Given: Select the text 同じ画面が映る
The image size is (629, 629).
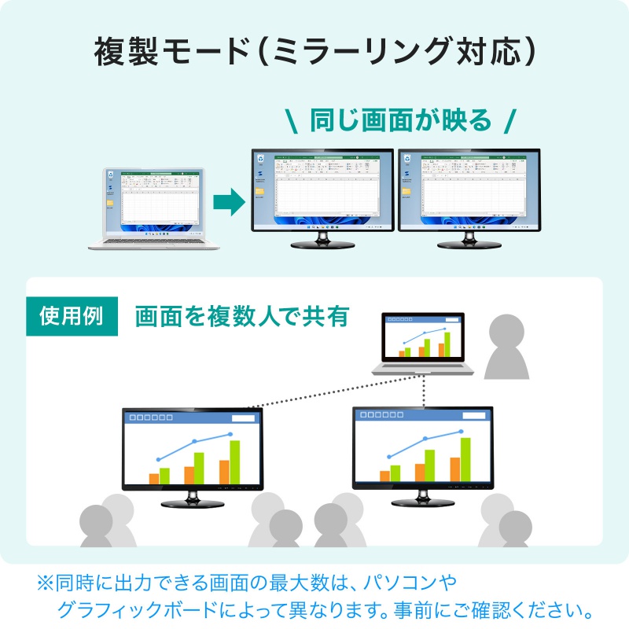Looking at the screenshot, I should point(400,120).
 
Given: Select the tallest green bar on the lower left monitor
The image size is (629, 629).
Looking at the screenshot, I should point(234,462).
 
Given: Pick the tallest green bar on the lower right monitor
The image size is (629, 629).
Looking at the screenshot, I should point(465,459).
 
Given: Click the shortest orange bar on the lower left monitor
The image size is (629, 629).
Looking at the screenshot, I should point(154,478).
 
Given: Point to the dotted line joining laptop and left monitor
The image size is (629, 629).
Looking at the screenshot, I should point(314,392).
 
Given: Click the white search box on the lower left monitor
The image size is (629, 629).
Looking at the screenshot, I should point(242,419).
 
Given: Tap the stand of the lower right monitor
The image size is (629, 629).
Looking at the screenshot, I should point(421,498).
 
